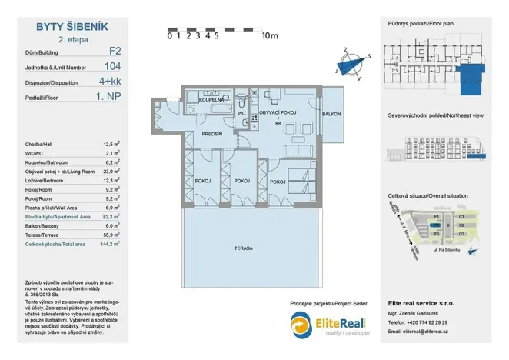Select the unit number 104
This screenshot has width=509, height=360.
pyautogui.click(x=111, y=66)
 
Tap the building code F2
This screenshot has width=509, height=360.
pyautogui.click(x=115, y=52)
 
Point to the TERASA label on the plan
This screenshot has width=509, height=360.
pyautogui.click(x=245, y=248)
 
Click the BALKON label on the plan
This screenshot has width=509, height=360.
pyautogui.click(x=331, y=114)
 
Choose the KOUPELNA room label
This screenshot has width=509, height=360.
pyautogui.click(x=211, y=101)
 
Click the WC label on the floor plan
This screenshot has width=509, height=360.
pyautogui.click(x=241, y=114)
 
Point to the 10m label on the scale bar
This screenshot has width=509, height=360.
pyautogui.click(x=269, y=35)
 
